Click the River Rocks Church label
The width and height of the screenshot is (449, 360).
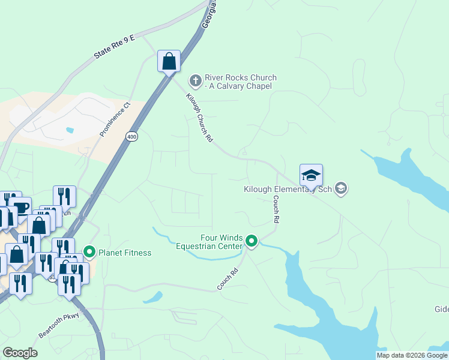pyautogui.click(x=240, y=82)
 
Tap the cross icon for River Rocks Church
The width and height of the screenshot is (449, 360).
pyautogui.click(x=194, y=80)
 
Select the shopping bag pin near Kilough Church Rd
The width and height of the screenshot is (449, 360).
pyautogui.click(x=169, y=61)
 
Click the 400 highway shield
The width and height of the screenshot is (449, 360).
pyautogui.click(x=131, y=137)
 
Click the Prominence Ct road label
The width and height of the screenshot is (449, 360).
pyautogui.click(x=115, y=119)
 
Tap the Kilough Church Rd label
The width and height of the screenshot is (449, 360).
pyautogui.click(x=199, y=118)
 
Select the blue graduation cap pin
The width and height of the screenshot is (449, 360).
pyautogui.click(x=311, y=175)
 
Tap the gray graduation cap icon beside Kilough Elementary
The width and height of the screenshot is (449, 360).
pyautogui.click(x=341, y=189)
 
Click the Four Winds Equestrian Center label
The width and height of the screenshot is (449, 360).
pyautogui.click(x=209, y=242)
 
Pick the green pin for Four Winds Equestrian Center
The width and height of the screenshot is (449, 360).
pyautogui.click(x=252, y=241)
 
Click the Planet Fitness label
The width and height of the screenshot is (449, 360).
pyautogui.click(x=125, y=253)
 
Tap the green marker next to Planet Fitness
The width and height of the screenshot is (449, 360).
pyautogui.click(x=90, y=252)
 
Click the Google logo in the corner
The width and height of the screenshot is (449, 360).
pyautogui.click(x=20, y=353)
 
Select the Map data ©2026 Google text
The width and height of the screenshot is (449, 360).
pyautogui.click(x=412, y=355)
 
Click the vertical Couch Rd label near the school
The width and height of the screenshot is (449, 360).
pyautogui.click(x=276, y=210)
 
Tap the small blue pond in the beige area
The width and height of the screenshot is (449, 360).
pyautogui.click(x=70, y=130)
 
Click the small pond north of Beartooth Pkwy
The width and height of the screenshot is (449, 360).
pyautogui.click(x=153, y=296)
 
